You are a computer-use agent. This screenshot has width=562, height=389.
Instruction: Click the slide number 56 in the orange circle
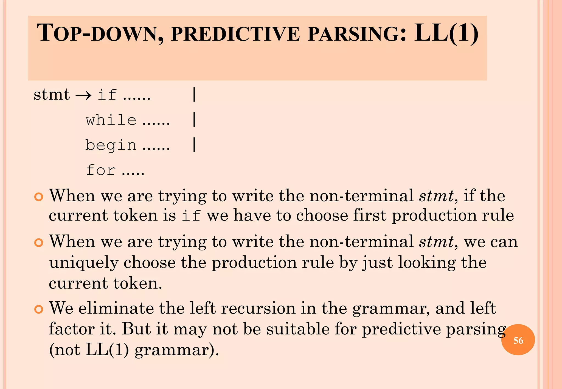[518, 340]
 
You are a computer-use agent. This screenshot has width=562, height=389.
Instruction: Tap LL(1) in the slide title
[446, 33]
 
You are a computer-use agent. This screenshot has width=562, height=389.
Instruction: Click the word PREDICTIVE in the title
[235, 35]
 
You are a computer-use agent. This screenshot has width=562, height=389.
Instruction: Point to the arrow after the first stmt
[83, 95]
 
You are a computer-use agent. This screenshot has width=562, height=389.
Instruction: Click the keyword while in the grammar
[111, 120]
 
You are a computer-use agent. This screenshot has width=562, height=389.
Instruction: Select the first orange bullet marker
[39, 197]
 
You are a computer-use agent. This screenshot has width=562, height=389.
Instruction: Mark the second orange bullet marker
[39, 243]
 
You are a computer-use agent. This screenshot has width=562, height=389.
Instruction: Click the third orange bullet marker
[39, 309]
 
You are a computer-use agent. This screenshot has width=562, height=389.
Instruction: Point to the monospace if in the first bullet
[191, 215]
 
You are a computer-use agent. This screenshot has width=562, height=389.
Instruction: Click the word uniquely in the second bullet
[84, 263]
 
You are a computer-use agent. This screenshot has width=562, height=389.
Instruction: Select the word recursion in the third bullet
[258, 308]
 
